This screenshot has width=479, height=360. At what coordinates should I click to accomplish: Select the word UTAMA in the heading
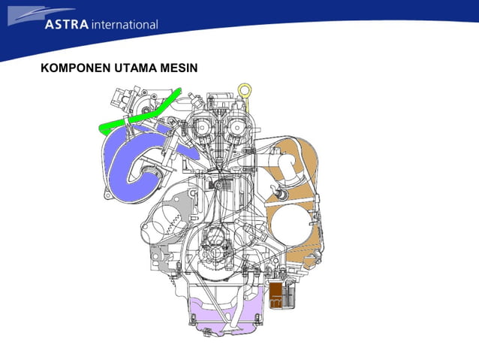(x=135, y=68)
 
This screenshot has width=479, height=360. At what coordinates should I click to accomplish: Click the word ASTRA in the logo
(x=66, y=24)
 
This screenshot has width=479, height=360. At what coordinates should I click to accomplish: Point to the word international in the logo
(x=125, y=25)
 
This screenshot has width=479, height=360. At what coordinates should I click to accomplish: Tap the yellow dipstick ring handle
(x=243, y=92)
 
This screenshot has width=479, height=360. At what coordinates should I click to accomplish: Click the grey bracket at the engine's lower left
(x=161, y=256)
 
